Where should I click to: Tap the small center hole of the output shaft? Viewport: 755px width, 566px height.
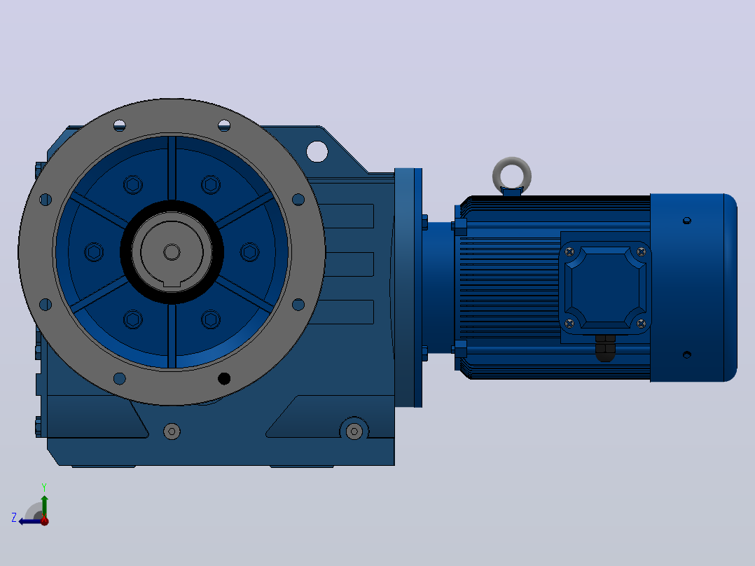(172, 252)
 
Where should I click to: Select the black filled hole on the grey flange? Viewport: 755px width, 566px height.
(224, 379)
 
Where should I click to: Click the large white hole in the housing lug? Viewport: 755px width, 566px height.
(317, 151)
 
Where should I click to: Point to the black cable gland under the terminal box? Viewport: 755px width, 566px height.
(605, 347)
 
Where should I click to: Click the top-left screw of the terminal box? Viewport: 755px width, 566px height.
(569, 252)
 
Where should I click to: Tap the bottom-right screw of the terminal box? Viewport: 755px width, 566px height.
(641, 323)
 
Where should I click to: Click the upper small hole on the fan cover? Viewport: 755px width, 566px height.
(687, 221)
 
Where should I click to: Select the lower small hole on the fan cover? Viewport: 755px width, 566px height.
(687, 355)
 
